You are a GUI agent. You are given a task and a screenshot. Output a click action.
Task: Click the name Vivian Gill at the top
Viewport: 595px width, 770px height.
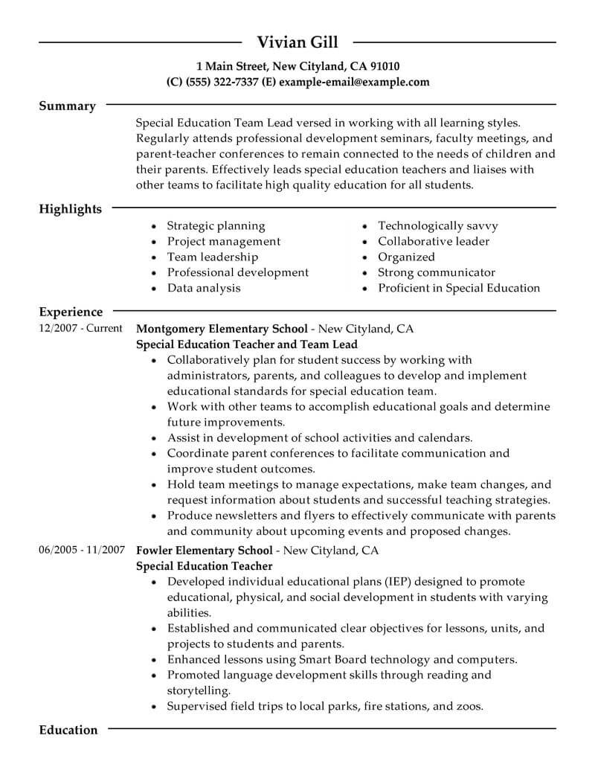point(297,42)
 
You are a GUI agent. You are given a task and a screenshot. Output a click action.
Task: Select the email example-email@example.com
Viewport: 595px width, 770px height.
point(353,82)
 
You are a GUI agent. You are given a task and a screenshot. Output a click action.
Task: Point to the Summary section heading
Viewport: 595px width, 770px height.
point(67,106)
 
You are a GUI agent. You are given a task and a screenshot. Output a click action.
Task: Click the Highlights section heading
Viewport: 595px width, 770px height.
point(70,209)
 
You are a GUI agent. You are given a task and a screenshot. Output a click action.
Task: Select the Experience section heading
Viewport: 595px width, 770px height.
point(71,312)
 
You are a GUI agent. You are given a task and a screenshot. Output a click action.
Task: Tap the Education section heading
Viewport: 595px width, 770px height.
point(68,730)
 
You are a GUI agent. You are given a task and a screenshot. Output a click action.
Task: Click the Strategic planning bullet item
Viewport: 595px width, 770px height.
point(216,225)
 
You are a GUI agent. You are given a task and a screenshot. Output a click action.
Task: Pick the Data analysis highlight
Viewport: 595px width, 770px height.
point(204,288)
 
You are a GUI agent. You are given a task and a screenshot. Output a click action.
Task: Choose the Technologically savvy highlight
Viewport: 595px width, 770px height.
point(437,225)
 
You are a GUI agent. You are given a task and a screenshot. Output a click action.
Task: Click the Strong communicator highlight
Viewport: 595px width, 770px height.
point(436,272)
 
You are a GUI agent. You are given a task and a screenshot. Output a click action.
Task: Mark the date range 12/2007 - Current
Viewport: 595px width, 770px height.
point(80,328)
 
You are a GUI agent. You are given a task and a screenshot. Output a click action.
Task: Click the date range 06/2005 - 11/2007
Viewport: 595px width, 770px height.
point(80,551)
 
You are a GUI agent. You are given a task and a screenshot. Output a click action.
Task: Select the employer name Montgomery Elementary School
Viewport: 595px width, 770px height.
point(221,328)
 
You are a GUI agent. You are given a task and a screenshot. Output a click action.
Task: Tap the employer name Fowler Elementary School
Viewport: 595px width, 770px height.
point(205,551)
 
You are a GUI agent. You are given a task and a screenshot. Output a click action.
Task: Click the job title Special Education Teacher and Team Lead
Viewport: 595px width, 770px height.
point(247,344)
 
